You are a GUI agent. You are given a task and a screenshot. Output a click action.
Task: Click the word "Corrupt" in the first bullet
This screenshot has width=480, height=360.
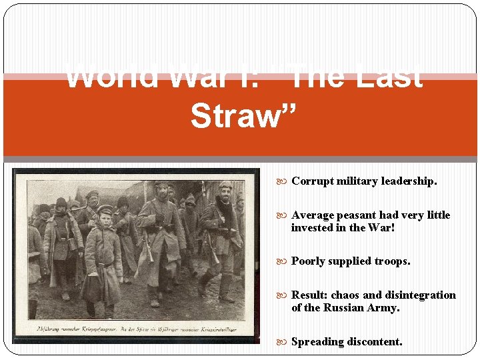(x=311, y=181)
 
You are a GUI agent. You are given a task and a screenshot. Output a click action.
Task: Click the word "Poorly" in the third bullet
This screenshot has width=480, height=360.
(x=309, y=261)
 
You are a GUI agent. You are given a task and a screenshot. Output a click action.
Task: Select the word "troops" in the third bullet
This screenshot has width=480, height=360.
(x=392, y=261)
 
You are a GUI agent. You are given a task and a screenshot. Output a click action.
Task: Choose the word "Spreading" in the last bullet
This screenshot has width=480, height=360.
(x=317, y=341)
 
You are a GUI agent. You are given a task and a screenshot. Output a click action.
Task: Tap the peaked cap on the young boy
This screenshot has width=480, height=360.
(x=105, y=209)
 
